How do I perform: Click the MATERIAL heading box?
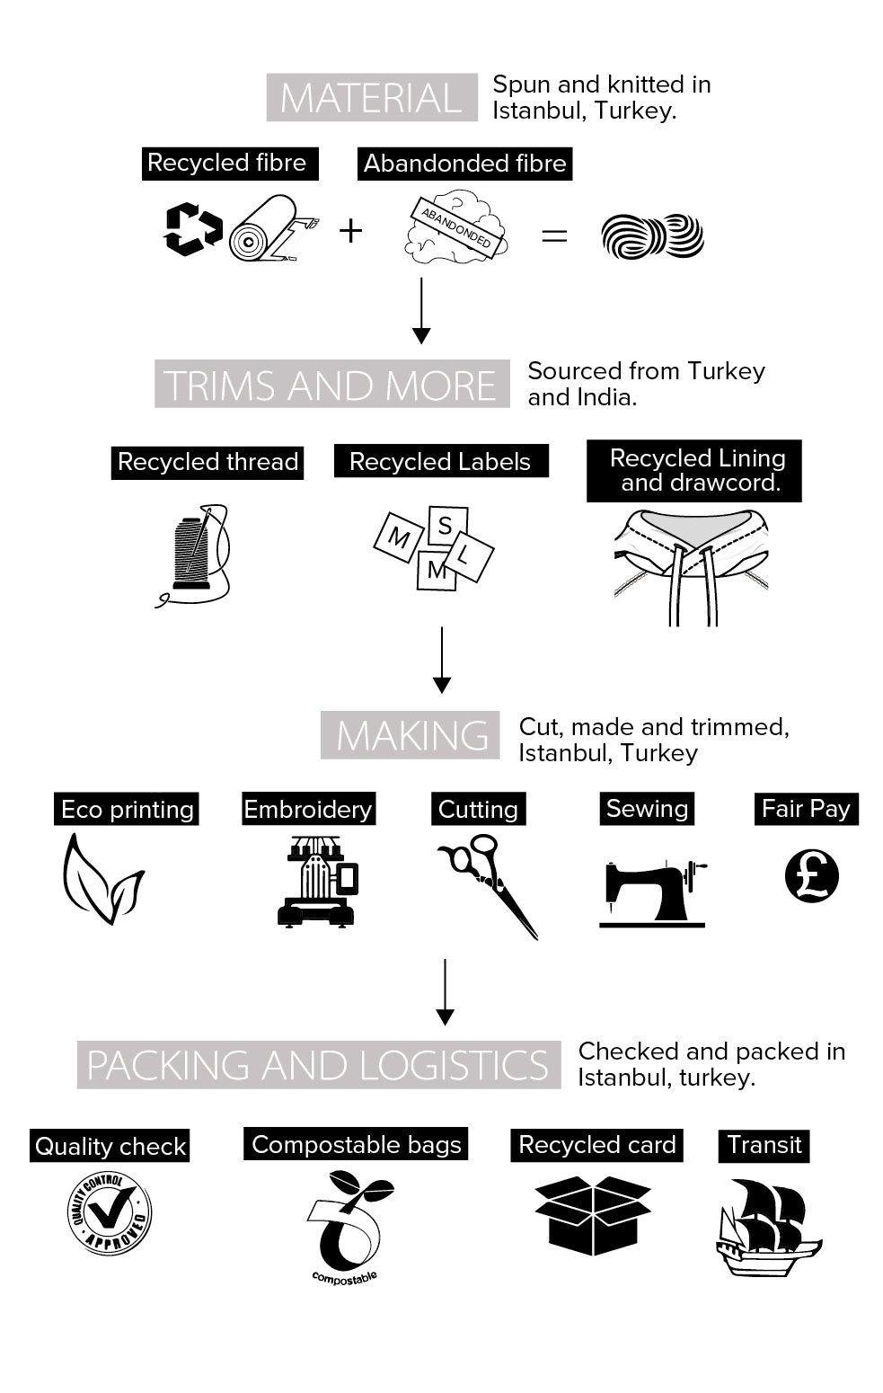click(372, 98)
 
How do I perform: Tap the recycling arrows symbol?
click(192, 229)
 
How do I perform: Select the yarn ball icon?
click(653, 236)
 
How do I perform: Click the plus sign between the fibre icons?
click(350, 232)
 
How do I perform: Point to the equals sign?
click(554, 236)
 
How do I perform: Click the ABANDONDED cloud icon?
click(456, 227)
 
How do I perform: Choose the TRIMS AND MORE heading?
click(331, 385)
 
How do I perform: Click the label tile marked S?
click(446, 525)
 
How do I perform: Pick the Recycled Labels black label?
click(440, 462)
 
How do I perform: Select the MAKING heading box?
click(411, 735)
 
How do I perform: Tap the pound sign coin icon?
click(812, 876)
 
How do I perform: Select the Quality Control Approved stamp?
click(110, 1213)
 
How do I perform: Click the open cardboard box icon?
click(593, 1215)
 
